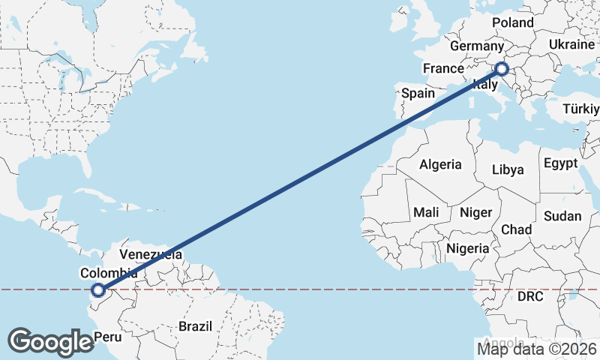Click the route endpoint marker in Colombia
click(x=97, y=290)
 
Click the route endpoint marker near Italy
click(x=502, y=70)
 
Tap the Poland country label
click(x=513, y=22)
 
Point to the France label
click(x=443, y=68)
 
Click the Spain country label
click(x=418, y=93)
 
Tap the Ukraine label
click(x=571, y=45)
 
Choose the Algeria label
click(x=440, y=164)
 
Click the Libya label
click(x=508, y=169)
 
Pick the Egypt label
click(x=561, y=163)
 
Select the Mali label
click(x=426, y=212)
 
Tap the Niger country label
click(x=475, y=212)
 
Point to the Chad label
click(x=516, y=229)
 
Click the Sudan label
click(x=562, y=216)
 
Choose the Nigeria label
click(x=468, y=248)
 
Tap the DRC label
click(x=529, y=297)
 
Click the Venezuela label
click(x=151, y=254)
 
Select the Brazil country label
click(x=196, y=326)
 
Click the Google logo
click(x=50, y=341)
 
